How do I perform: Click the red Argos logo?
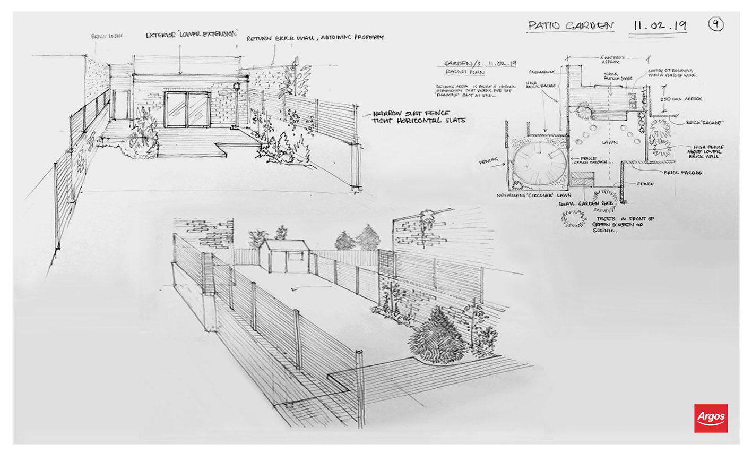[x=711, y=418]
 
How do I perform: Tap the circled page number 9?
[x=716, y=24]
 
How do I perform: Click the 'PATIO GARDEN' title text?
[x=571, y=25]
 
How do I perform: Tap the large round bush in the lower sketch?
[x=437, y=336]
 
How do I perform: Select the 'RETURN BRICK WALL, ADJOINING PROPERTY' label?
[x=314, y=38]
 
